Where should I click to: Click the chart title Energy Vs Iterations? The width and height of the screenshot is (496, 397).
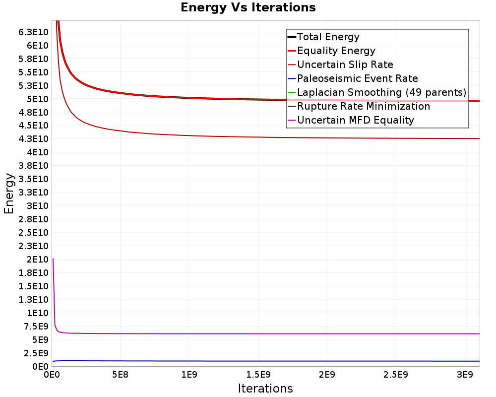click(248, 7)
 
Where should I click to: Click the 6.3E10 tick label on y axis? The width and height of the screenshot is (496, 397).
click(33, 32)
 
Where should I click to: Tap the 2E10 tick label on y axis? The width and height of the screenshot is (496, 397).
click(37, 260)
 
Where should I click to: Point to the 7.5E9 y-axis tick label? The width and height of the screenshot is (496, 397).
click(36, 327)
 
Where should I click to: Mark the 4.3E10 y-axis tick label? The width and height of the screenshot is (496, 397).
click(33, 139)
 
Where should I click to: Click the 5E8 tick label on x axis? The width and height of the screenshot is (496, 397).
click(120, 375)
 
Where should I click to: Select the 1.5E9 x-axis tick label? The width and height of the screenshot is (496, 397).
click(258, 375)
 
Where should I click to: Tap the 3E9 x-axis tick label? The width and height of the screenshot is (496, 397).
click(465, 375)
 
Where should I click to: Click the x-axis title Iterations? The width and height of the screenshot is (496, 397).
click(265, 388)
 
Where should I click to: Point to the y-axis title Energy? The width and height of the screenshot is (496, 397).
click(9, 194)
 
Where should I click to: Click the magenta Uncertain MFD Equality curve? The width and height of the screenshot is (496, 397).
click(266, 333)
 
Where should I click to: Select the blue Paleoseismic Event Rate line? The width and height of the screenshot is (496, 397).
click(266, 361)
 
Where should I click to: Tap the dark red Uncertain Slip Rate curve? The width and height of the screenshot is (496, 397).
click(266, 137)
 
